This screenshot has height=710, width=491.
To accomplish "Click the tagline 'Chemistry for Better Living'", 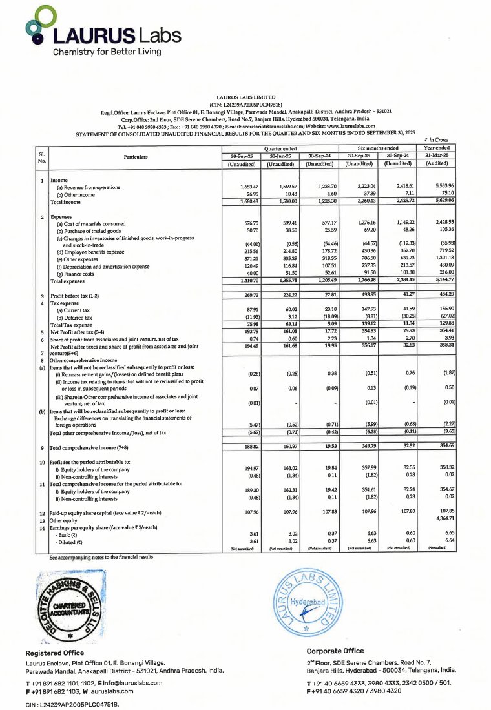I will click(x=107, y=52).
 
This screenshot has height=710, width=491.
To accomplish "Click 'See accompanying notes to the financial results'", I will click(x=101, y=556).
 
